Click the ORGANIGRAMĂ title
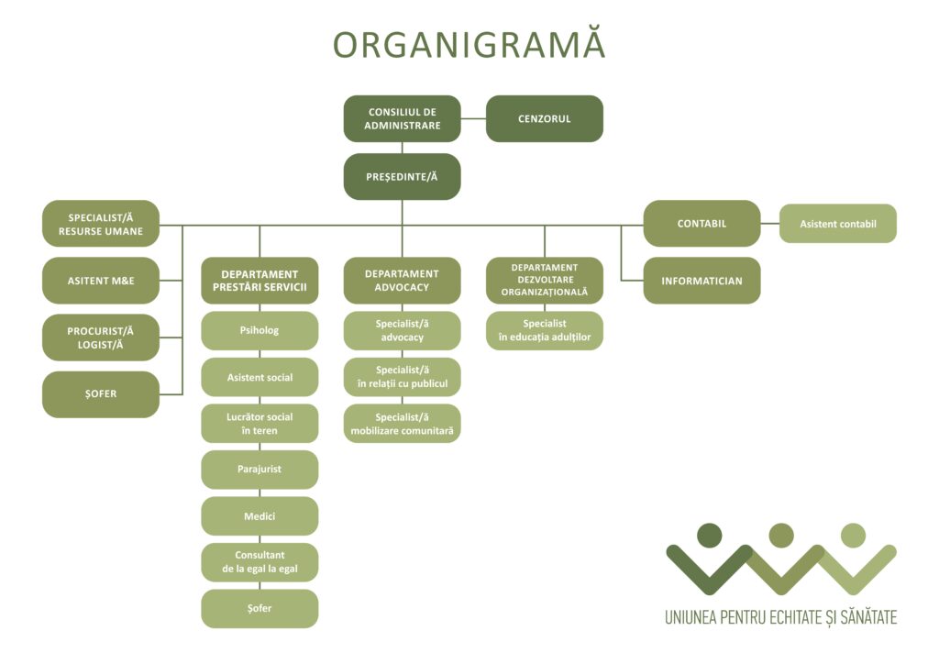pyautogui.click(x=469, y=45)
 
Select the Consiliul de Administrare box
pyautogui.click(x=402, y=118)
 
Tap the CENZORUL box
pyautogui.click(x=544, y=118)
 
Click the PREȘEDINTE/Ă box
pyautogui.click(x=402, y=176)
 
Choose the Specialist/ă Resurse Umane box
pyautogui.click(x=101, y=224)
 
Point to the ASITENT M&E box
pyautogui.click(x=101, y=280)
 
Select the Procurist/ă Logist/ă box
pyautogui.click(x=101, y=337)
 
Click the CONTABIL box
pyautogui.click(x=701, y=223)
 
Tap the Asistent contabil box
pyautogui.click(x=837, y=223)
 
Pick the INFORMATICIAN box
pyautogui.click(x=701, y=281)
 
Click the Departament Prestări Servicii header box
pyautogui.click(x=260, y=280)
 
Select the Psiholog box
pyautogui.click(x=260, y=330)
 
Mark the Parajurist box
pyautogui.click(x=260, y=469)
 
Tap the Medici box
pyautogui.click(x=260, y=515)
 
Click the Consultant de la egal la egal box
pyautogui.click(x=260, y=562)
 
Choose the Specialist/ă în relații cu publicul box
pyautogui.click(x=402, y=376)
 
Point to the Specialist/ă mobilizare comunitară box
pyautogui.click(x=402, y=423)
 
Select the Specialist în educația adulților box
pyautogui.click(x=544, y=330)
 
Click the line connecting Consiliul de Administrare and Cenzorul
pyautogui.click(x=473, y=118)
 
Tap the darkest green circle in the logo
pyautogui.click(x=709, y=535)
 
